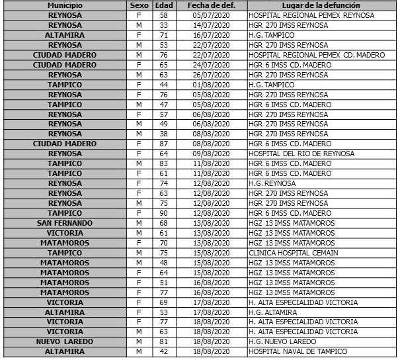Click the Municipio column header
[64, 5]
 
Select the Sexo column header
[139, 5]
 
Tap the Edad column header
[164, 5]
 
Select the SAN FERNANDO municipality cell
[64, 223]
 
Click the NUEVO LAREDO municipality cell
[64, 341]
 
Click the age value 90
[164, 213]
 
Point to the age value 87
[164, 144]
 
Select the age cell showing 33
[164, 25]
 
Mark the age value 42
[164, 351]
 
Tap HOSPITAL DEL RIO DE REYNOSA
[301, 154]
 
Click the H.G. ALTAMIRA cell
[271, 312]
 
